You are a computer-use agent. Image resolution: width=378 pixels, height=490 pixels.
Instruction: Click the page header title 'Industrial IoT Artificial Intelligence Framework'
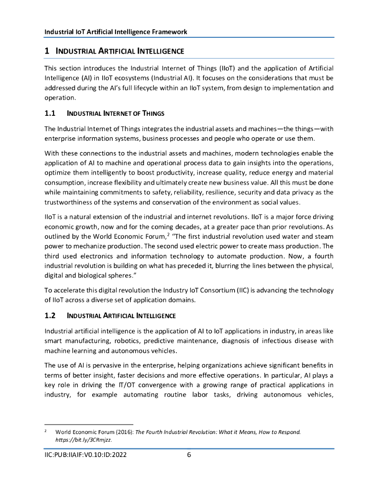(x=116, y=32)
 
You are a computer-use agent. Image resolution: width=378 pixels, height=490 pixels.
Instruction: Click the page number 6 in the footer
(x=189, y=455)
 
